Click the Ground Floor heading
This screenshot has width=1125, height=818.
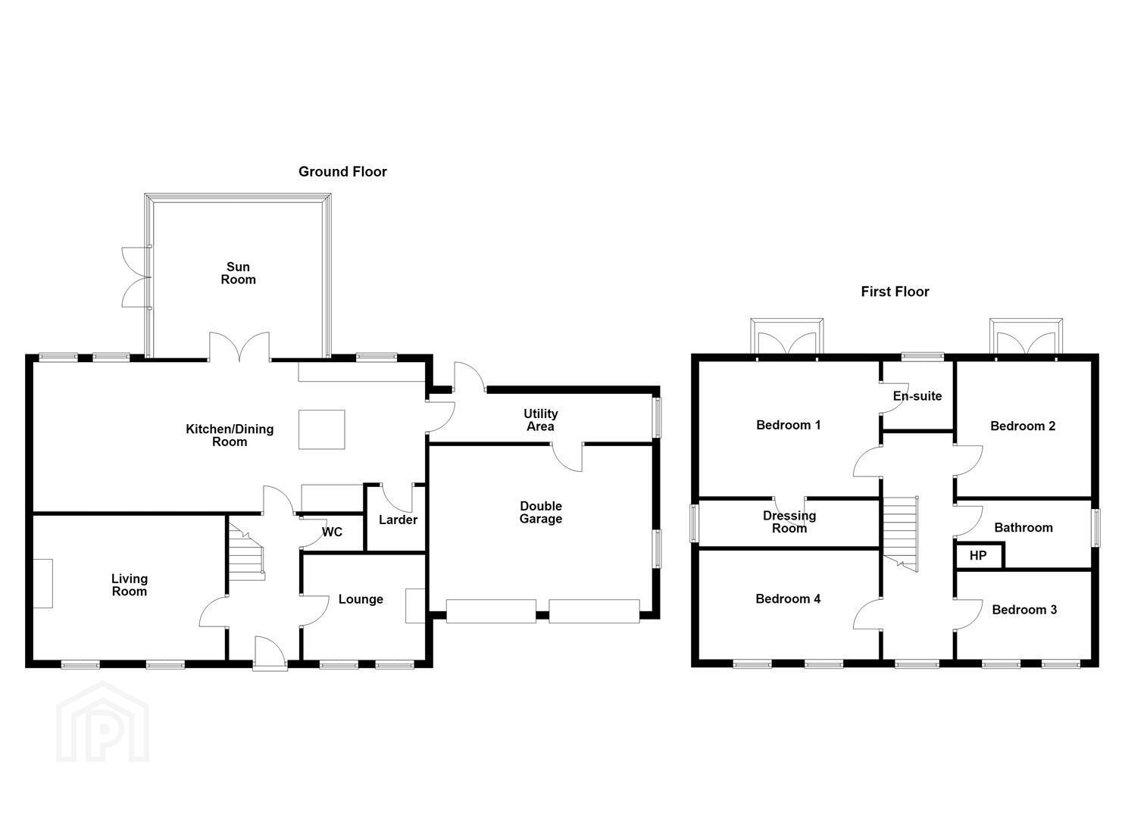[342, 172]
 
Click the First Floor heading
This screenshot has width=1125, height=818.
[895, 292]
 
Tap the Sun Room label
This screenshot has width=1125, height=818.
[238, 273]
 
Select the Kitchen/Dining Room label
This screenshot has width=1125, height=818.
[230, 436]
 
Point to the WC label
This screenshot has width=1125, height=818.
[332, 532]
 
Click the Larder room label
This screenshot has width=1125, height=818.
[398, 520]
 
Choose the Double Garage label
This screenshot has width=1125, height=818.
[540, 512]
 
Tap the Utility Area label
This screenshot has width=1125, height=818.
[540, 420]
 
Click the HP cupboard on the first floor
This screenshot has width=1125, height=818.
[978, 555]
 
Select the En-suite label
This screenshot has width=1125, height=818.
[917, 395]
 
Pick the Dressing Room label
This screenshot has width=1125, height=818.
[789, 522]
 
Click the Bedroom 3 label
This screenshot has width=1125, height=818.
[1024, 610]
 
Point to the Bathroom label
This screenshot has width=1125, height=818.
[1023, 527]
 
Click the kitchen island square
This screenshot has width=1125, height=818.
[322, 429]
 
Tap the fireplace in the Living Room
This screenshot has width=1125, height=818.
[43, 583]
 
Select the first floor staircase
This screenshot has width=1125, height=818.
[901, 534]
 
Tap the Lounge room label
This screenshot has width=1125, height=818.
[361, 599]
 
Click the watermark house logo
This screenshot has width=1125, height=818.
[102, 723]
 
